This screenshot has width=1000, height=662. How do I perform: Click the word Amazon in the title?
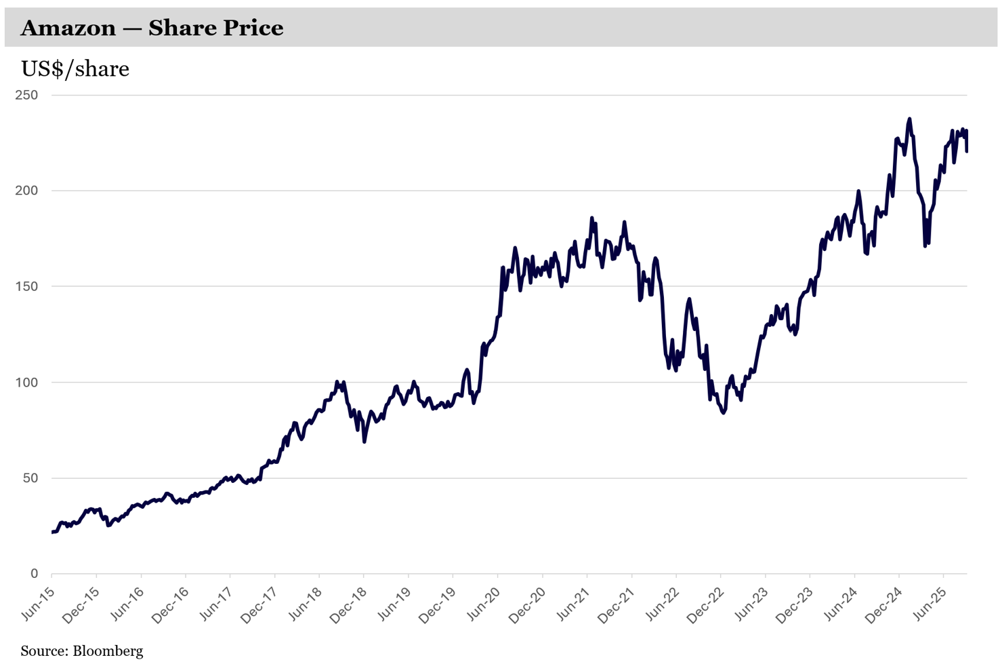[68, 28]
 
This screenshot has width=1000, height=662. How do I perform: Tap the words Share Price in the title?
[215, 28]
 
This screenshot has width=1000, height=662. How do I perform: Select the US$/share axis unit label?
[75, 69]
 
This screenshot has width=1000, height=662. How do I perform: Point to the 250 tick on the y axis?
[26, 95]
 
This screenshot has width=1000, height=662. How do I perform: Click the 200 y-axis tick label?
[26, 191]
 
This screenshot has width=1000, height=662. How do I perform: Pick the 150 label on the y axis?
[26, 286]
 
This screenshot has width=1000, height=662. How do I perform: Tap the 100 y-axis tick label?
[26, 383]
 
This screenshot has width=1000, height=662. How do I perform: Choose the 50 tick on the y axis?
[30, 478]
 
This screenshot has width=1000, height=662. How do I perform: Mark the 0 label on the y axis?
[34, 574]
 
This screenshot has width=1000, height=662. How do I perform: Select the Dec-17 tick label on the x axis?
[259, 605]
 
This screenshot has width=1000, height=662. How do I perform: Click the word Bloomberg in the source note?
[108, 651]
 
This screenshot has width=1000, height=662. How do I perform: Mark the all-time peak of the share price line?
[909, 119]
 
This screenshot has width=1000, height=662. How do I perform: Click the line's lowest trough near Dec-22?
[724, 412]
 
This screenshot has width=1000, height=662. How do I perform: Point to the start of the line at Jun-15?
[52, 532]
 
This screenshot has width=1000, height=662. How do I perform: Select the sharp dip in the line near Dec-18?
[364, 442]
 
